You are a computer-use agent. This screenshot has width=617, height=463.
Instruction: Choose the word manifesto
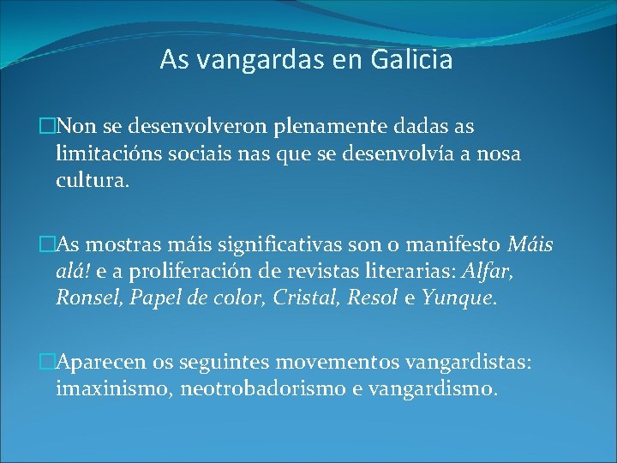[458, 245]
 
